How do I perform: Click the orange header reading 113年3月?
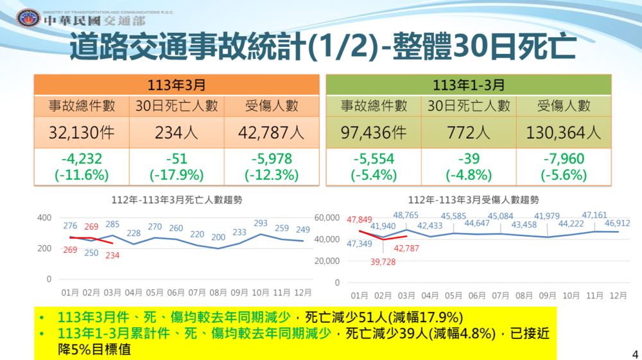(x=177, y=85)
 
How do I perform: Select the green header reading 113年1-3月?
(x=468, y=85)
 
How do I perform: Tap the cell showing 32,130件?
(x=82, y=133)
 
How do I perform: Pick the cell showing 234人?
(x=177, y=133)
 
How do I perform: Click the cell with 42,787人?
(x=272, y=133)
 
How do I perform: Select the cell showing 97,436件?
(x=373, y=133)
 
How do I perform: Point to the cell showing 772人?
(x=468, y=133)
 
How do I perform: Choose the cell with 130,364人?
(x=563, y=133)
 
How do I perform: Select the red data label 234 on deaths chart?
(x=114, y=255)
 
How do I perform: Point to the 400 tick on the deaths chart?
(x=44, y=218)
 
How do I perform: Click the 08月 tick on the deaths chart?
(x=218, y=293)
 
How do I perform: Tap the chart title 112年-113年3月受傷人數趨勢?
(x=473, y=200)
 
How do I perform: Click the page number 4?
(x=634, y=354)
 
